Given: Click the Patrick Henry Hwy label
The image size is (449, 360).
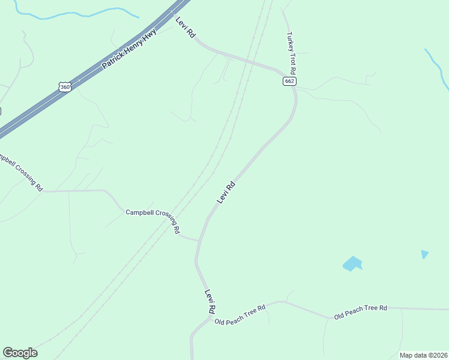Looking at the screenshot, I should click(129, 49).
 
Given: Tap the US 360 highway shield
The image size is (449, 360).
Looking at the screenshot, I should click(65, 87).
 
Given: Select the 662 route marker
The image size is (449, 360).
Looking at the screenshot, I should click(289, 81).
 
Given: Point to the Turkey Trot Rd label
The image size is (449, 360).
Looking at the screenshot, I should click(294, 52).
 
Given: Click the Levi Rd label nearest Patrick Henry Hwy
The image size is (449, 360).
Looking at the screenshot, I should click(185, 28).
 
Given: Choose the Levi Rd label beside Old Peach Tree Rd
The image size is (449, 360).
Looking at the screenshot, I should click(210, 302).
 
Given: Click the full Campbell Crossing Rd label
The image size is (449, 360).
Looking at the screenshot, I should click(153, 218).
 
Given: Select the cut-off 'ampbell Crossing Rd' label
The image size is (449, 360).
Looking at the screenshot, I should click(21, 172).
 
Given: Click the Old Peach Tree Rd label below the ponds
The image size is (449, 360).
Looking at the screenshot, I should click(360, 311).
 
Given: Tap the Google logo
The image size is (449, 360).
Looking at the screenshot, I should click(20, 353).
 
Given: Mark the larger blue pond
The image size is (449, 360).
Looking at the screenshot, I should click(352, 263).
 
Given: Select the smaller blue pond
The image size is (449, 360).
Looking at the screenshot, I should click(425, 254).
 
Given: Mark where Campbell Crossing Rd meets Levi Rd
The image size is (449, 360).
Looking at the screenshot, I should click(197, 241).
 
